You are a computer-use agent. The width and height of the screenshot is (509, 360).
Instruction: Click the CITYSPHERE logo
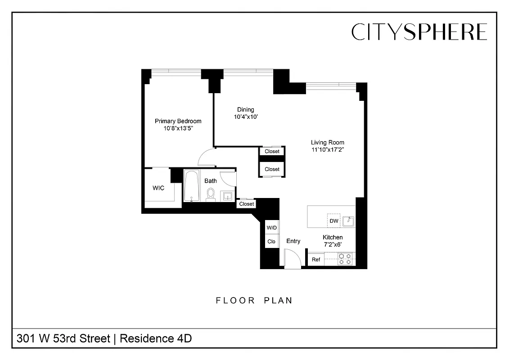(419, 32)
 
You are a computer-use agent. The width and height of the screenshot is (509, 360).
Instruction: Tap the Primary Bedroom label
(178, 121)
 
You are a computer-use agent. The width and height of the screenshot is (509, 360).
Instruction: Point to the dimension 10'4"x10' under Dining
(245, 117)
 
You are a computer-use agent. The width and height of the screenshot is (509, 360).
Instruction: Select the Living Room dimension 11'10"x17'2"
(328, 150)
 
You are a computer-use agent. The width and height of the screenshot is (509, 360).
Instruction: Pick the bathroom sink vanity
(227, 196)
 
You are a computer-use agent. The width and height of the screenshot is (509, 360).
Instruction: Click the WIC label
(158, 188)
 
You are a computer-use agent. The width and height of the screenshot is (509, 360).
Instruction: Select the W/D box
(272, 228)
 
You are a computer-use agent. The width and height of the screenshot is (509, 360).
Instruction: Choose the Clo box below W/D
(272, 242)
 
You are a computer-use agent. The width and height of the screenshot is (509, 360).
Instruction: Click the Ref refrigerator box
(316, 260)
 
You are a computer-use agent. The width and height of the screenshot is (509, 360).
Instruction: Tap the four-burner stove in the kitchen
(346, 259)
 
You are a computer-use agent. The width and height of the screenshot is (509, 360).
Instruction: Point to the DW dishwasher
(334, 221)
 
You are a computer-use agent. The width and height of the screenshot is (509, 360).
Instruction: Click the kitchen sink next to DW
(348, 221)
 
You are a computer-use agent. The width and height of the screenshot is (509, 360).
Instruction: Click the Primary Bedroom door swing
(206, 157)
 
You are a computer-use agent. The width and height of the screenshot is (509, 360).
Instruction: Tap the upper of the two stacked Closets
(272, 152)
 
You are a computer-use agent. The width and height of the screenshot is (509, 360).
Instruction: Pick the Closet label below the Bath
(247, 204)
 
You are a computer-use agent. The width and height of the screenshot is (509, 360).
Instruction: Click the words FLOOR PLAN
(254, 300)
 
